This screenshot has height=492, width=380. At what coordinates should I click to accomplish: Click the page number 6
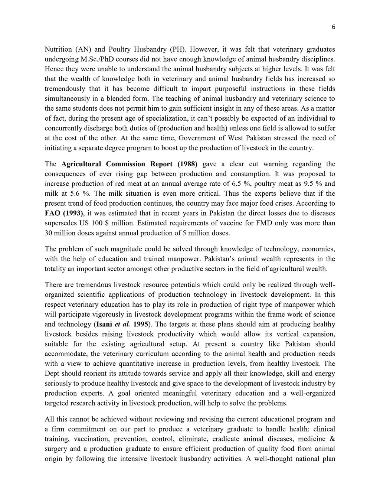coord(333,27)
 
